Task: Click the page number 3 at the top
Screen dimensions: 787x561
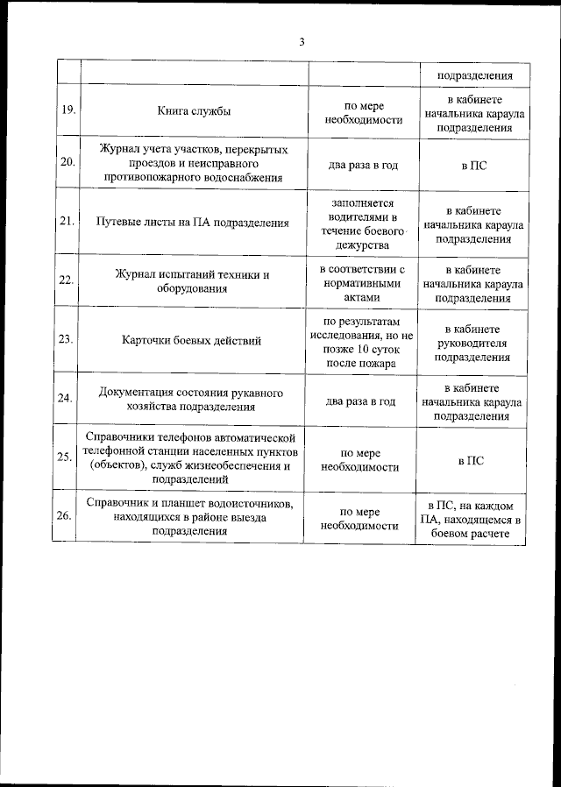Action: tap(302, 41)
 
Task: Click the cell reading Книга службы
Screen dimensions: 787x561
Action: tap(195, 111)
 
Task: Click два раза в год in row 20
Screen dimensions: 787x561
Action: tap(361, 164)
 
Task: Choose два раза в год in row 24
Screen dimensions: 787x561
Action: tap(361, 401)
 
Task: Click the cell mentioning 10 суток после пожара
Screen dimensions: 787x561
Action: tap(361, 341)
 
